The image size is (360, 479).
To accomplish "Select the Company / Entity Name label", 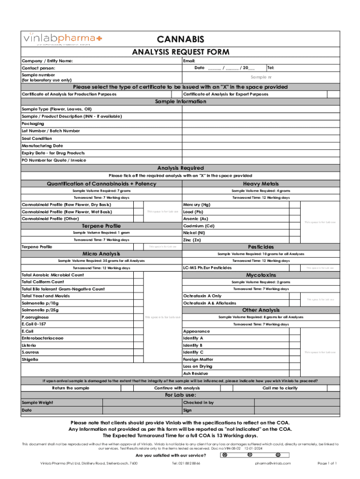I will coord(47,61).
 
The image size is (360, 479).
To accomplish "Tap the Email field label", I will coord(189,61).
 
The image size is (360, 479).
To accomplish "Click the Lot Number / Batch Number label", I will coord(50,131).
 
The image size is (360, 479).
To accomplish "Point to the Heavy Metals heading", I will coord(261,184).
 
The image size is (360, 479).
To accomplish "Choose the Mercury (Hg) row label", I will coord(197,204).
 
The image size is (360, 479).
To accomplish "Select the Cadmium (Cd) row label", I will coord(199,225).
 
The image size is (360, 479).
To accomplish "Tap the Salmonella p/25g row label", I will coord(40,310).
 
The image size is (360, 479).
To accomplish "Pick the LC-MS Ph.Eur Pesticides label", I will coord(207,268).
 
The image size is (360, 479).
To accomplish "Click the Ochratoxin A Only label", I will coord(202,296).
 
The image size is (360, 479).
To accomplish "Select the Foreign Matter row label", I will coord(199,359).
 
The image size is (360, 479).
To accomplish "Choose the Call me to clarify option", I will coord(280,388).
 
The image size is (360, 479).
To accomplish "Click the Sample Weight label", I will coord(37,402).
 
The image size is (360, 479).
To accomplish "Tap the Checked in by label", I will coord(198,402).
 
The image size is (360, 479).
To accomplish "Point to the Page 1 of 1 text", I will coord(327,463).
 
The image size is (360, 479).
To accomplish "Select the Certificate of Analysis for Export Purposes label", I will coord(225,94).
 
